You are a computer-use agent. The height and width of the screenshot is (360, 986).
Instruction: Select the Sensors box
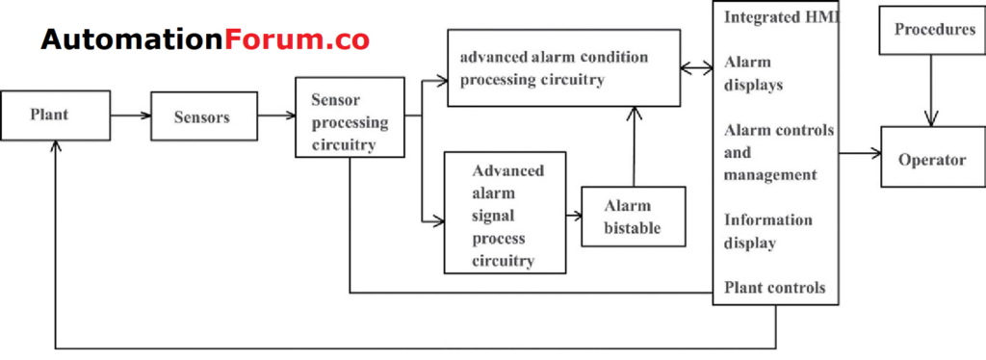pos(202,117)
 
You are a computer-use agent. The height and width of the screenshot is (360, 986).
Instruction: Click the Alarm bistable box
pos(633,217)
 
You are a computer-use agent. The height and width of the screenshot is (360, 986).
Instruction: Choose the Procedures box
pos(934,31)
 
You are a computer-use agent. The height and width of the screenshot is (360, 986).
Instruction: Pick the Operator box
pos(931,160)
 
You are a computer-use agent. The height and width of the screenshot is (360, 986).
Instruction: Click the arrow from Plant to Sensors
pos(130,116)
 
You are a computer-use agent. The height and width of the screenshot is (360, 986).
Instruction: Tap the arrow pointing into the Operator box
pos(860,153)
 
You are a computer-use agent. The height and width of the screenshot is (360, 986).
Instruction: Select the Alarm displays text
pos(753,73)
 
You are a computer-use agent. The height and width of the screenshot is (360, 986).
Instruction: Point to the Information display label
pos(768,231)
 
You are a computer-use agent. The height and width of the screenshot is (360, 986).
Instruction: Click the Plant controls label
pos(774,288)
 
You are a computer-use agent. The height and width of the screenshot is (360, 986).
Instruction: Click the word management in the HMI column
pos(770,174)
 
